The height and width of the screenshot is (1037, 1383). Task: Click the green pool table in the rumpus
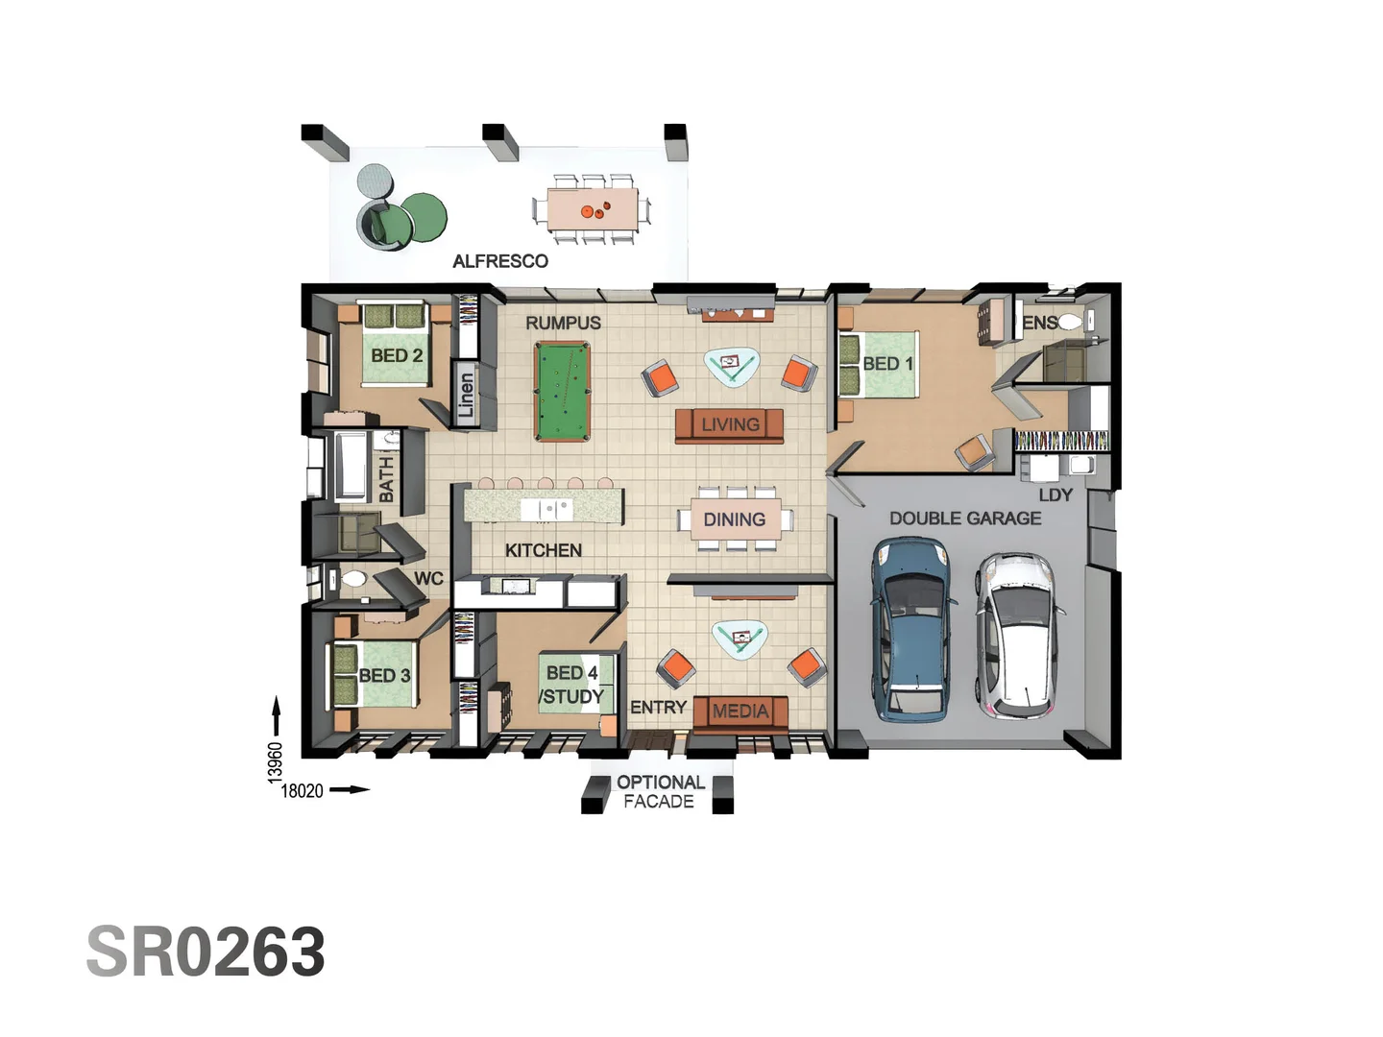point(562,391)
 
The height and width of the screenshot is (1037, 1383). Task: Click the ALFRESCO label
point(500,261)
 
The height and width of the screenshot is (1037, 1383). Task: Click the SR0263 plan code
point(206,952)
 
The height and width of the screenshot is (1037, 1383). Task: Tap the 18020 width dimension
point(302,791)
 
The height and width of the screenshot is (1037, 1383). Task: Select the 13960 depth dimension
point(276,762)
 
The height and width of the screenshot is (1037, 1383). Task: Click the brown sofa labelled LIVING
point(729,425)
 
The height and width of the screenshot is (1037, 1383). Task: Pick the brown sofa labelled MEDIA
point(740,714)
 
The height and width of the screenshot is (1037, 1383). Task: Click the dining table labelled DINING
point(736,519)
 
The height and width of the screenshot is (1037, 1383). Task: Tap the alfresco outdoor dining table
point(593,209)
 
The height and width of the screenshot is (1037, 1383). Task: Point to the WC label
point(428,578)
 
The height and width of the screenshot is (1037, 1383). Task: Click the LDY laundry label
point(1055,495)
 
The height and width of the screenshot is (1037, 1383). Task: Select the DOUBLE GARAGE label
point(965,518)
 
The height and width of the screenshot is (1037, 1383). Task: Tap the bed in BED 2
point(395,345)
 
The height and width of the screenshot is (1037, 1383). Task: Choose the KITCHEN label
point(544,550)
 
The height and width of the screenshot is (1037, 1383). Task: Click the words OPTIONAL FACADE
point(661,791)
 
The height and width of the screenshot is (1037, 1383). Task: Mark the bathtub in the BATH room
point(351,465)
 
